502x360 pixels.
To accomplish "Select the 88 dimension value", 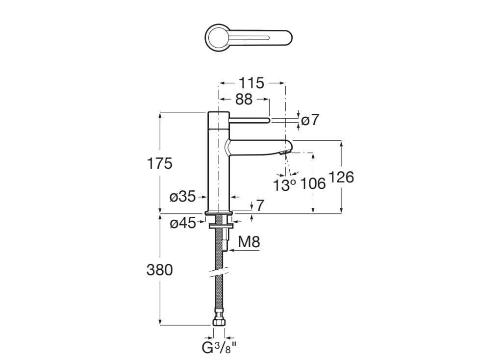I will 244,100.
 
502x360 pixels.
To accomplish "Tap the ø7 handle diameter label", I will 310,120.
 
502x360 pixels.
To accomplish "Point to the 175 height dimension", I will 160,163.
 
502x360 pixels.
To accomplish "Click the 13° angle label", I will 285,185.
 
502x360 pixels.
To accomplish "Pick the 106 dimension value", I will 313,184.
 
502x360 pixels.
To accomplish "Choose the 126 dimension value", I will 341,177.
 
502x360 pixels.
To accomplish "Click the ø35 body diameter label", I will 182,197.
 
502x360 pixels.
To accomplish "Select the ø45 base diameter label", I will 182,224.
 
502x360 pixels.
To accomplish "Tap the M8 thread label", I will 249,242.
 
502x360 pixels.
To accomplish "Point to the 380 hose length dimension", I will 160,270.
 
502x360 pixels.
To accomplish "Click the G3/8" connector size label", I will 219,348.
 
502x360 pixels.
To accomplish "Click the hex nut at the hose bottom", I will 219,322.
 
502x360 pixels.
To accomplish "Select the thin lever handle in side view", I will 249,119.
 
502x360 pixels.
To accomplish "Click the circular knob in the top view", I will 216,37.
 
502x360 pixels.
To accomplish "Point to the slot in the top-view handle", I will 250,37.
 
